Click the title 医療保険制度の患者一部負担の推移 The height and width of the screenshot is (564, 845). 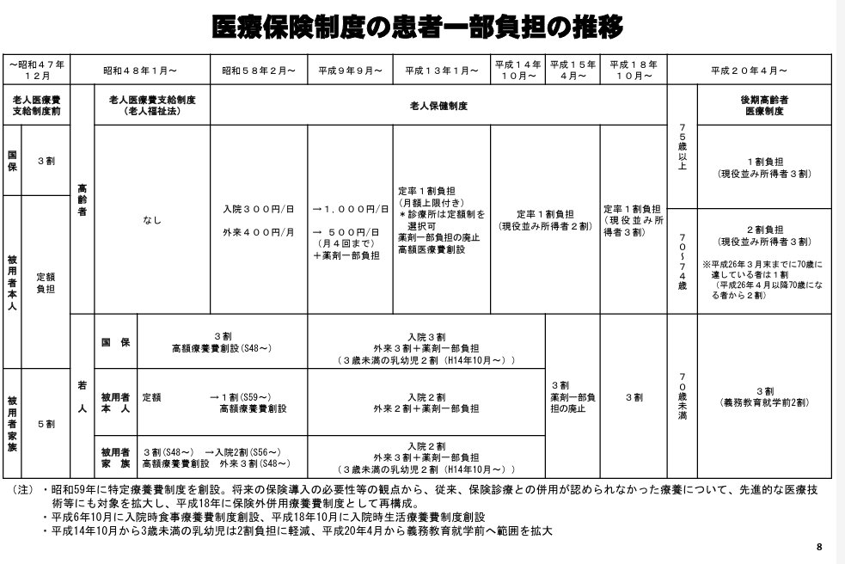(x=419, y=28)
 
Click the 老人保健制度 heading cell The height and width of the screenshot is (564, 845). (x=438, y=106)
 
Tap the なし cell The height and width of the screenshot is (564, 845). (x=151, y=220)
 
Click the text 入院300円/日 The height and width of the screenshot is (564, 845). (x=259, y=209)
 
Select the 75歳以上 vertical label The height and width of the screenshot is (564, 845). (x=682, y=148)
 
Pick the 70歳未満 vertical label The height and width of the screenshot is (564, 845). (x=682, y=396)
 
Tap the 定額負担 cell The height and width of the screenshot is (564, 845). (x=46, y=284)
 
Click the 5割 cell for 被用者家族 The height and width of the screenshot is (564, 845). (x=46, y=424)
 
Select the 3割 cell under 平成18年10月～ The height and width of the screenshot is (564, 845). (x=634, y=397)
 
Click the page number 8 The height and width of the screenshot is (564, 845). (x=819, y=547)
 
